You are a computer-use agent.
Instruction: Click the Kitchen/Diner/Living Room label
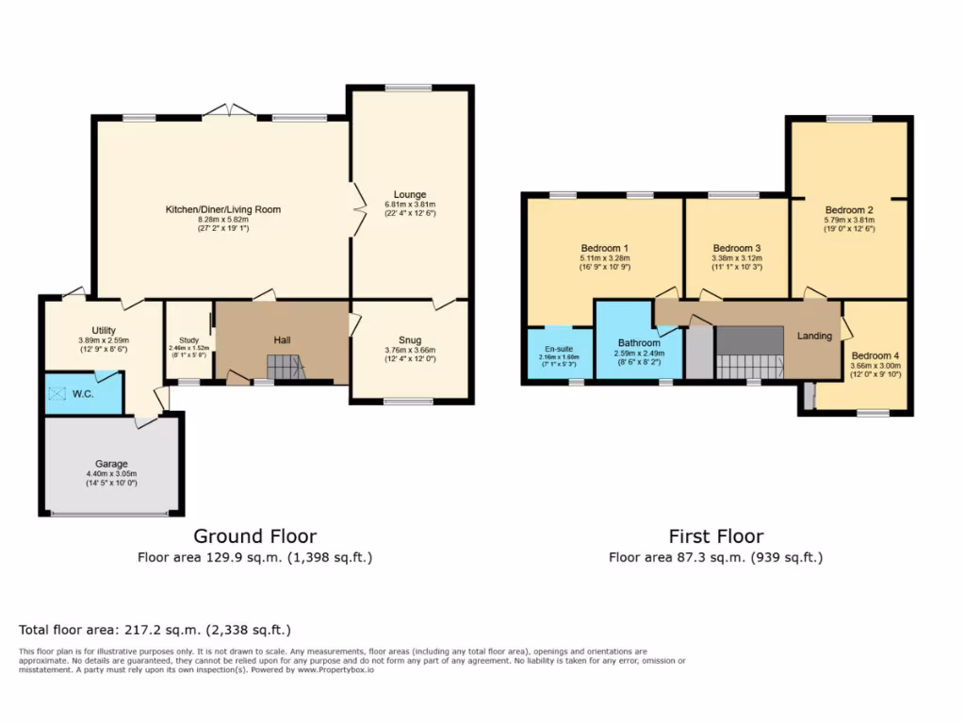223,209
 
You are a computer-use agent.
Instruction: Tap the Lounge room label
410,195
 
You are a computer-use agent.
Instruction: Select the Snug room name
410,340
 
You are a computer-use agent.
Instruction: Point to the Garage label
111,464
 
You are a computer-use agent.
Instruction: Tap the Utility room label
104,330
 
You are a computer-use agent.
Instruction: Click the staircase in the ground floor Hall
286,368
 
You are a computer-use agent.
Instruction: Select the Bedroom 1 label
604,248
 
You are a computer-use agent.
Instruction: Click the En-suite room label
559,348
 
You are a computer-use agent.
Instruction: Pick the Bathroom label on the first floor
639,343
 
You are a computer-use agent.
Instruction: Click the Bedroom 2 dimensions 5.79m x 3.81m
849,220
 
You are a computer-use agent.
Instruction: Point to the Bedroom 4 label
875,355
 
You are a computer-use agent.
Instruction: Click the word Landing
814,336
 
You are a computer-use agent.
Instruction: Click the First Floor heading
715,536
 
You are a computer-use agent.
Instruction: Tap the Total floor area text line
155,629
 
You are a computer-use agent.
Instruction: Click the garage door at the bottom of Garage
111,514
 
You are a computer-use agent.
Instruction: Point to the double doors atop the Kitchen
228,112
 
